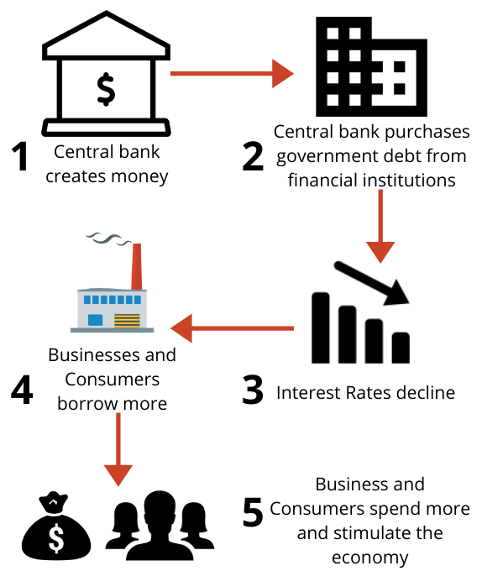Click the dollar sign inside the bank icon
point(105,90)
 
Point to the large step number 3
point(253,389)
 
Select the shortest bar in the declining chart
point(401,345)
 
